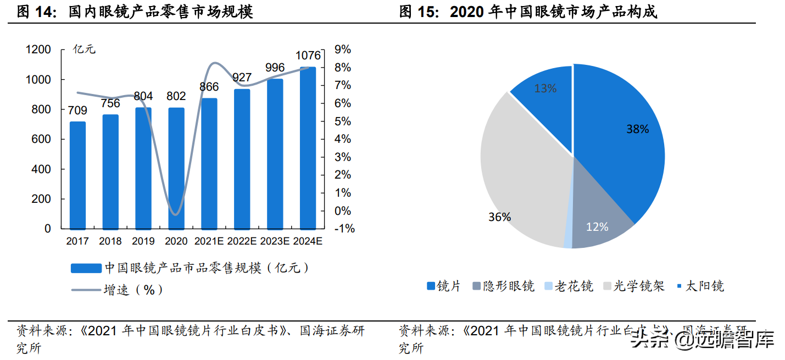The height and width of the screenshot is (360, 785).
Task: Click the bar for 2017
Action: tap(78, 175)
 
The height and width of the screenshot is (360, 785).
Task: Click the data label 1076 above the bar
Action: tap(308, 56)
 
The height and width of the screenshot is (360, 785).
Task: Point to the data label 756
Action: tap(110, 103)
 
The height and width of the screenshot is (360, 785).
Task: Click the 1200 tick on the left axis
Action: tap(38, 50)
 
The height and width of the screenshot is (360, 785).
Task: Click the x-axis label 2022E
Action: tap(242, 241)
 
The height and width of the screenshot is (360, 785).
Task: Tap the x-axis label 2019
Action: tap(143, 241)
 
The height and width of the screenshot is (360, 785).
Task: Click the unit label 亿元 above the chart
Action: tap(84, 49)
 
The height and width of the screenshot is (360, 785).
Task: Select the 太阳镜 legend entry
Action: tap(700, 286)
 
